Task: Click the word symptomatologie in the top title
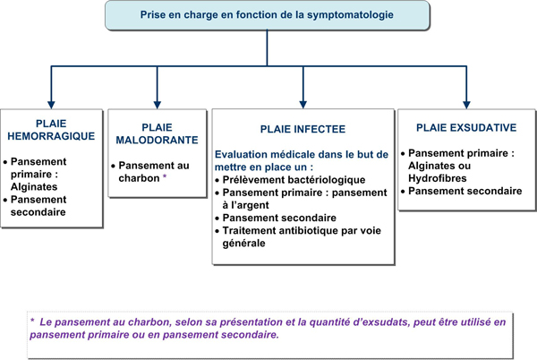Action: (x=350, y=15)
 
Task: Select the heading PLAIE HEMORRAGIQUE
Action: (x=51, y=130)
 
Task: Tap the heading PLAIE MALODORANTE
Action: (x=158, y=133)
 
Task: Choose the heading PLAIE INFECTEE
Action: (x=303, y=129)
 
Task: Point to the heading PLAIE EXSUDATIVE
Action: (x=466, y=128)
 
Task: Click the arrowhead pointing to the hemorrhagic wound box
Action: (x=51, y=105)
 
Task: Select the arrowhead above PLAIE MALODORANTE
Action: (x=158, y=105)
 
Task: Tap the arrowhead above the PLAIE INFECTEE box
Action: (x=303, y=105)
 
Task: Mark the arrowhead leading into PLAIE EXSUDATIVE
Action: (x=466, y=105)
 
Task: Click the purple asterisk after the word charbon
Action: (x=165, y=176)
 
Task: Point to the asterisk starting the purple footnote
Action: (x=32, y=321)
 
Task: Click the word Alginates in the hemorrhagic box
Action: (x=34, y=186)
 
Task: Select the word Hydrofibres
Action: (x=438, y=178)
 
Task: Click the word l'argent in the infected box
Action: (x=245, y=205)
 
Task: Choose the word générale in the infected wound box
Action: (x=243, y=244)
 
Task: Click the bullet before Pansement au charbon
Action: (x=113, y=167)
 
